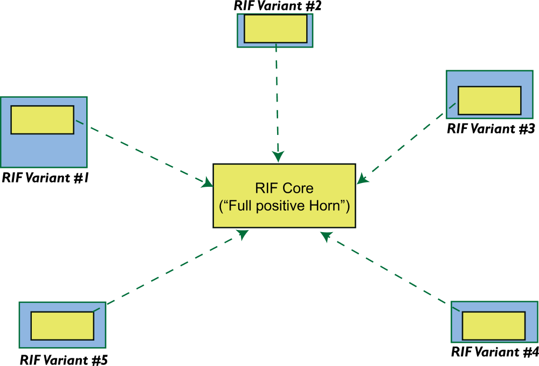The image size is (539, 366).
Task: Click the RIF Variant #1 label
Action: click(45, 178)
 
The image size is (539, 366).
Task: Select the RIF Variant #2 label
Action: click(275, 6)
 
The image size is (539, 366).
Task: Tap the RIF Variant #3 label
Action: click(490, 128)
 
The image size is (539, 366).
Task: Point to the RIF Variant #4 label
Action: click(495, 352)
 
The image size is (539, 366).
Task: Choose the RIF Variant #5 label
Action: click(64, 358)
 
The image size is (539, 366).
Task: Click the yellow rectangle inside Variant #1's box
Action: click(42, 120)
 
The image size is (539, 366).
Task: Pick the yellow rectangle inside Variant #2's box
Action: click(275, 29)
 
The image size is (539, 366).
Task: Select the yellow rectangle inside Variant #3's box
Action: click(489, 100)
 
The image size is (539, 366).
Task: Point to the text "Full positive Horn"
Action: click(284, 206)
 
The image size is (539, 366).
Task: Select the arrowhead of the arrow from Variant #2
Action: click(278, 156)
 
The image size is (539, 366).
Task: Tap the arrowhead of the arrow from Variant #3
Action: click(363, 178)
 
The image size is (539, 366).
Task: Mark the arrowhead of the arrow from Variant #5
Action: click(243, 235)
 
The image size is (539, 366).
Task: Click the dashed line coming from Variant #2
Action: click(277, 97)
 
